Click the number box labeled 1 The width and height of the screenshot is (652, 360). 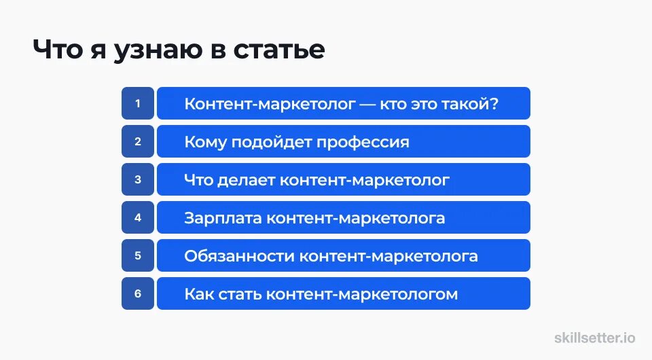[x=138, y=104]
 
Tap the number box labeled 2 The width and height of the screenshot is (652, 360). [x=138, y=142]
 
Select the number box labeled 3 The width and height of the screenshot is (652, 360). [x=138, y=180]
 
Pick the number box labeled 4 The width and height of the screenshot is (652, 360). [x=138, y=218]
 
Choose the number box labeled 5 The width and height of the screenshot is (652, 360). [x=138, y=256]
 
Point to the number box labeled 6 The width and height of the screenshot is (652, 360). [x=138, y=294]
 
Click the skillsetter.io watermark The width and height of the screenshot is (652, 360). [x=595, y=338]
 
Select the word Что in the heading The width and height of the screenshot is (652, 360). [x=60, y=50]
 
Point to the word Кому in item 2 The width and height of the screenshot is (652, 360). [x=206, y=143]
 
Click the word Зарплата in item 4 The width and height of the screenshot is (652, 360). [x=223, y=219]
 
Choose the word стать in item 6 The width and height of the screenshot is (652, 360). [x=242, y=295]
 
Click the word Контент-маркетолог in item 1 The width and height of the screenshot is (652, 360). [x=270, y=105]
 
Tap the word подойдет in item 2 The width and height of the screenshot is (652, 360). [x=267, y=143]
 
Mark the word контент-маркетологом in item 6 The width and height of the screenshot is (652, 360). [x=362, y=295]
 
